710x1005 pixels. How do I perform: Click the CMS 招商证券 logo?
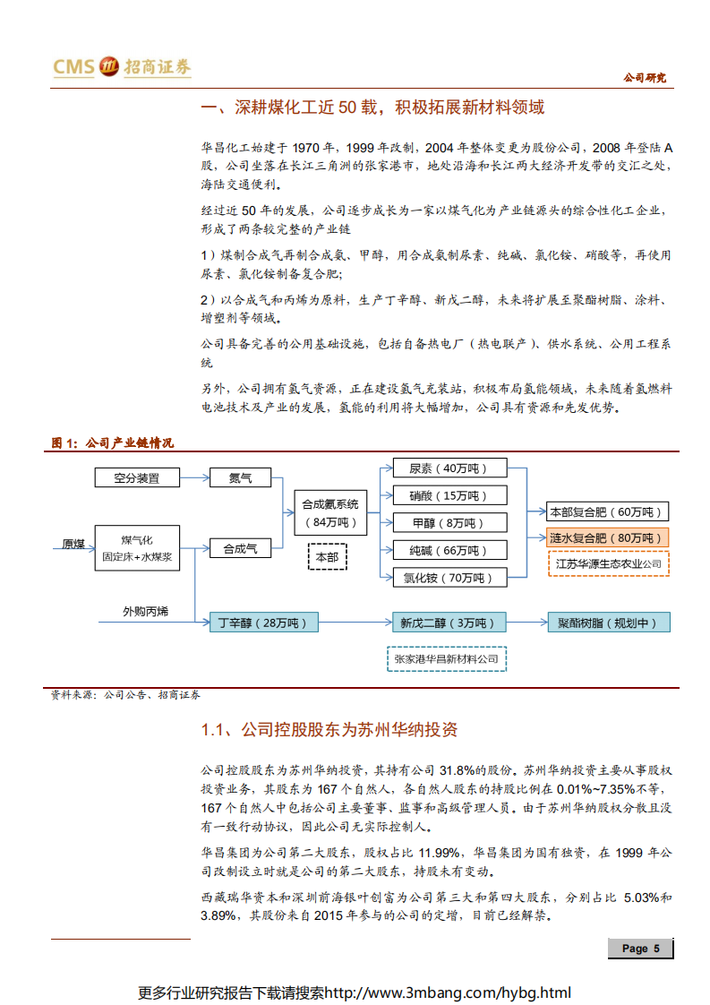tap(122, 67)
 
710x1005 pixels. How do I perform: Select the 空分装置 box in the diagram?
tap(137, 478)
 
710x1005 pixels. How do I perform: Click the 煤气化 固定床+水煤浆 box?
tap(137, 548)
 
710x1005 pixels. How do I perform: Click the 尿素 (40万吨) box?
tap(449, 468)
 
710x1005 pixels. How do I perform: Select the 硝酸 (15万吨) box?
tap(449, 495)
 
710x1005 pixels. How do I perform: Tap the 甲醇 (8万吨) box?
tap(449, 523)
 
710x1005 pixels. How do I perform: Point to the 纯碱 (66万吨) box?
tap(449, 550)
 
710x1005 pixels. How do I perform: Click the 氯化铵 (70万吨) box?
tap(449, 578)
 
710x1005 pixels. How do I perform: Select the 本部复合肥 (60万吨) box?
tap(608, 512)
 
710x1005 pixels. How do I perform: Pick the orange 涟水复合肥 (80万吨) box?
tap(608, 538)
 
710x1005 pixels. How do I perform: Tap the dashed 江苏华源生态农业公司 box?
tap(608, 563)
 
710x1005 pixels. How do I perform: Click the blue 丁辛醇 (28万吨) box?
tap(264, 623)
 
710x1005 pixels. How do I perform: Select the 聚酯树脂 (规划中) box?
tap(609, 623)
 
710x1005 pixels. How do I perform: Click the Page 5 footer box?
tap(640, 949)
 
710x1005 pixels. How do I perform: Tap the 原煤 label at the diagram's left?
tap(73, 544)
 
